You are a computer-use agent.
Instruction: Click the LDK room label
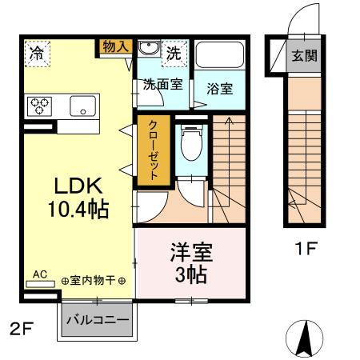tap(78, 186)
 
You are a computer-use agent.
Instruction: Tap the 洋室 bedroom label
tap(191, 252)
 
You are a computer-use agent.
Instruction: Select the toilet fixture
tap(191, 143)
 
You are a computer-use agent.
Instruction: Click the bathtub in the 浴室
tap(219, 54)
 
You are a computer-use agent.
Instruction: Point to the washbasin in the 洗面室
tap(149, 48)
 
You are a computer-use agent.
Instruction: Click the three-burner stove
tap(39, 106)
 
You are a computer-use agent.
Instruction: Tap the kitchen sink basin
tap(82, 106)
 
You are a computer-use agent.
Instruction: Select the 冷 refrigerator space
tap(37, 54)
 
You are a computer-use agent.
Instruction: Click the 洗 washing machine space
tap(174, 54)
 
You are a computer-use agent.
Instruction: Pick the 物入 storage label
tap(116, 46)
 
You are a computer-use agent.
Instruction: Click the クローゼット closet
tap(154, 150)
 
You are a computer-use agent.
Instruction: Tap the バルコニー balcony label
tap(98, 320)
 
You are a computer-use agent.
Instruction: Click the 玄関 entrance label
tap(304, 56)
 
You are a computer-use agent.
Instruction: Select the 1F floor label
tap(306, 248)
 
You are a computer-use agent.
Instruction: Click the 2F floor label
tap(22, 329)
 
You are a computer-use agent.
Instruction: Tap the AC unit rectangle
tap(40, 284)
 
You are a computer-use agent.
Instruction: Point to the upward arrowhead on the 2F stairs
tap(229, 121)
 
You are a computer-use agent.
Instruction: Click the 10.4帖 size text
tap(78, 209)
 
